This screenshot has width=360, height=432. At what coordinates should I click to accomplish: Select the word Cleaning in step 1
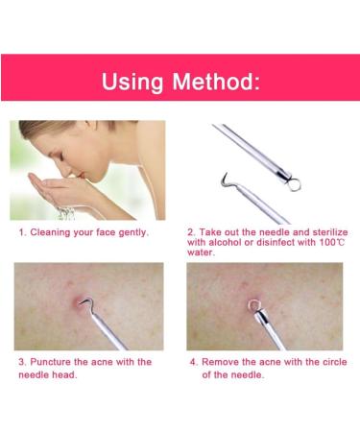[56, 233]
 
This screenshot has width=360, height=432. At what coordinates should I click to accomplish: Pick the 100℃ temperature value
[328, 243]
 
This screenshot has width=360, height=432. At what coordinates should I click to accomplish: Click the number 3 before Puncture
[21, 362]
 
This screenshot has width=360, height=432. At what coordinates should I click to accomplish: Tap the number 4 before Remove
[192, 362]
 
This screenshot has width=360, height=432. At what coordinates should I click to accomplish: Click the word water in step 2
[201, 254]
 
